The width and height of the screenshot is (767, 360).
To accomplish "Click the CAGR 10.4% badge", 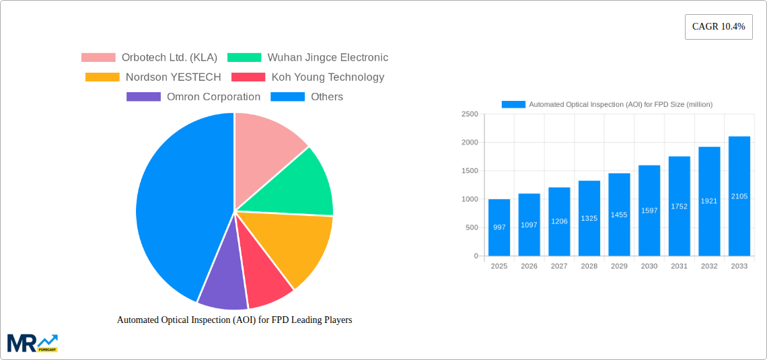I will pos(718,27).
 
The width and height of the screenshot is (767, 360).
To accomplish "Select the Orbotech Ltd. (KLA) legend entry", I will pos(149,58).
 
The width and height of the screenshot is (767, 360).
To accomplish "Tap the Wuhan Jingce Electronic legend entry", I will pos(307,58).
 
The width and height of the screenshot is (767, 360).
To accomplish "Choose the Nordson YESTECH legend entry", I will pos(153,77).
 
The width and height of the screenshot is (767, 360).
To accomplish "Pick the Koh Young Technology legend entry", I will pos(307,77).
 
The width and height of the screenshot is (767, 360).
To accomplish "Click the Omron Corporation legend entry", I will pos(193,97).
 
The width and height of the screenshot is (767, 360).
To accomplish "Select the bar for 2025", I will pos(499,227).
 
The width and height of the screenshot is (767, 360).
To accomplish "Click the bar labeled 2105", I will pos(739,196).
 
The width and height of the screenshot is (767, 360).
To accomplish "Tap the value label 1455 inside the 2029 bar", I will pos(619,215).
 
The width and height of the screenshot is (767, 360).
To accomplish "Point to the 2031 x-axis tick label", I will pos(679,266).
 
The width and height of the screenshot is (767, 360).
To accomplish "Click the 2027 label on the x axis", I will pos(559,266).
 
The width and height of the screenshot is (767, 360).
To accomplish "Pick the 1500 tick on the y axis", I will pos(470,171).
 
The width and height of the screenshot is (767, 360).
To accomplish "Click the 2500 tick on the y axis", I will pos(470,114).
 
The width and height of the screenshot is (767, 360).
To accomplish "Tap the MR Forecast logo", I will pos(32,343).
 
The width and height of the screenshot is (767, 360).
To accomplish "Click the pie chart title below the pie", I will pos(234,320).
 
